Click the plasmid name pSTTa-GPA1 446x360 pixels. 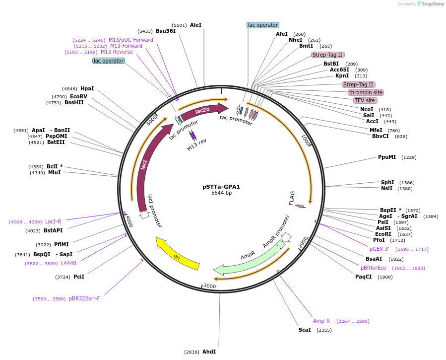tap(221, 187)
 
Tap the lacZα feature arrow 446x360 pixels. tap(203, 111)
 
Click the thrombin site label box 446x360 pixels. tap(366, 92)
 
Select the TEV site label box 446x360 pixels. tap(365, 100)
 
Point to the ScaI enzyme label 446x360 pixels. tap(305, 330)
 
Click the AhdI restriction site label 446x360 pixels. tap(209, 352)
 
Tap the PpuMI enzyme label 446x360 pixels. tap(387, 157)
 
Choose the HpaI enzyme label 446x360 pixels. tap(87, 88)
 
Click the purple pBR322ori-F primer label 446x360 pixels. tap(84, 298)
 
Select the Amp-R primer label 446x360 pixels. tap(321, 321)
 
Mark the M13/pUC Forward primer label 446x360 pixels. tap(131, 40)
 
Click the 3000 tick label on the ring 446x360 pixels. tap(210, 286)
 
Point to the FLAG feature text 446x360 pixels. tap(292, 198)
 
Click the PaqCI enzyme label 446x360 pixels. tap(363, 277)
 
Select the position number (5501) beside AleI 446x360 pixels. tap(180, 25)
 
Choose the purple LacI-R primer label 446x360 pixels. tap(53, 221)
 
